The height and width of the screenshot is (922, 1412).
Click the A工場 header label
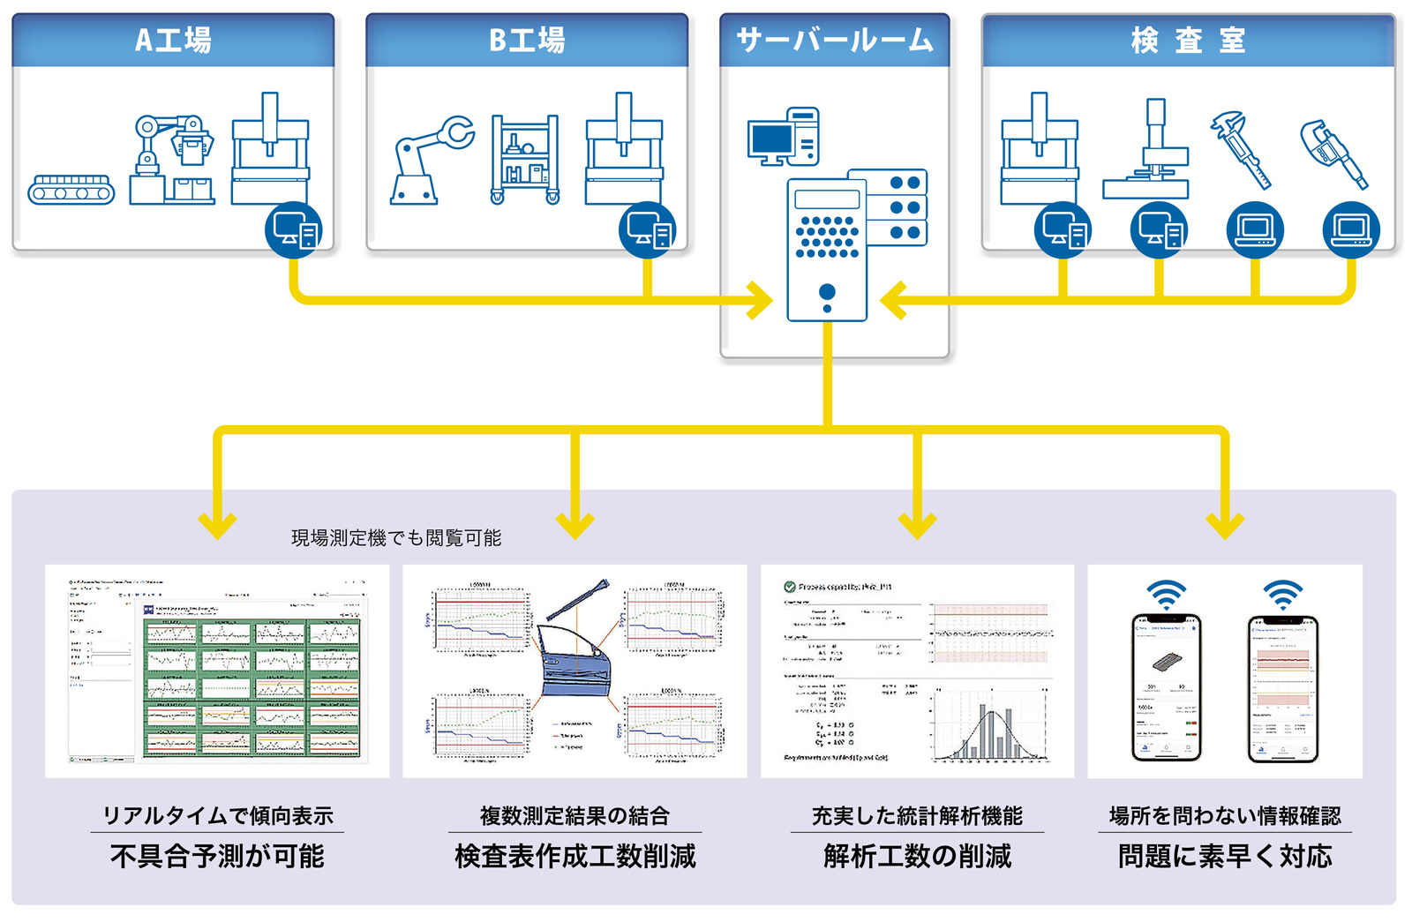point(173,41)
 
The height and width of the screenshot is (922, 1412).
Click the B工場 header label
point(527,41)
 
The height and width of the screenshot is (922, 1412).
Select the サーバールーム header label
point(834,41)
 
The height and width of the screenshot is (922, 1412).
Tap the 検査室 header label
point(1188,41)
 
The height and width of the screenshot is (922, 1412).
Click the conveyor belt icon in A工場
point(71,190)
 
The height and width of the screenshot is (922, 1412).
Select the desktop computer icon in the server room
point(784,137)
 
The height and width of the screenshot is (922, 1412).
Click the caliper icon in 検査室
point(1242,150)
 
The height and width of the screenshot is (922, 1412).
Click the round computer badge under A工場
point(294,230)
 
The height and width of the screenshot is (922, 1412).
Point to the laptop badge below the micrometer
point(1351,230)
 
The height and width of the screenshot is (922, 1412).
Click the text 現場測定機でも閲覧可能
point(396,538)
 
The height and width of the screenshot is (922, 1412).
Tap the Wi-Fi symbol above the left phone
point(1166,595)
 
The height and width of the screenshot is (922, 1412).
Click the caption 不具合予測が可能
point(217,856)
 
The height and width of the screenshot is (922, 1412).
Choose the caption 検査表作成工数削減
point(575,856)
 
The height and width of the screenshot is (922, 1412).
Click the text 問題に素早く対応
point(1225,856)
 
